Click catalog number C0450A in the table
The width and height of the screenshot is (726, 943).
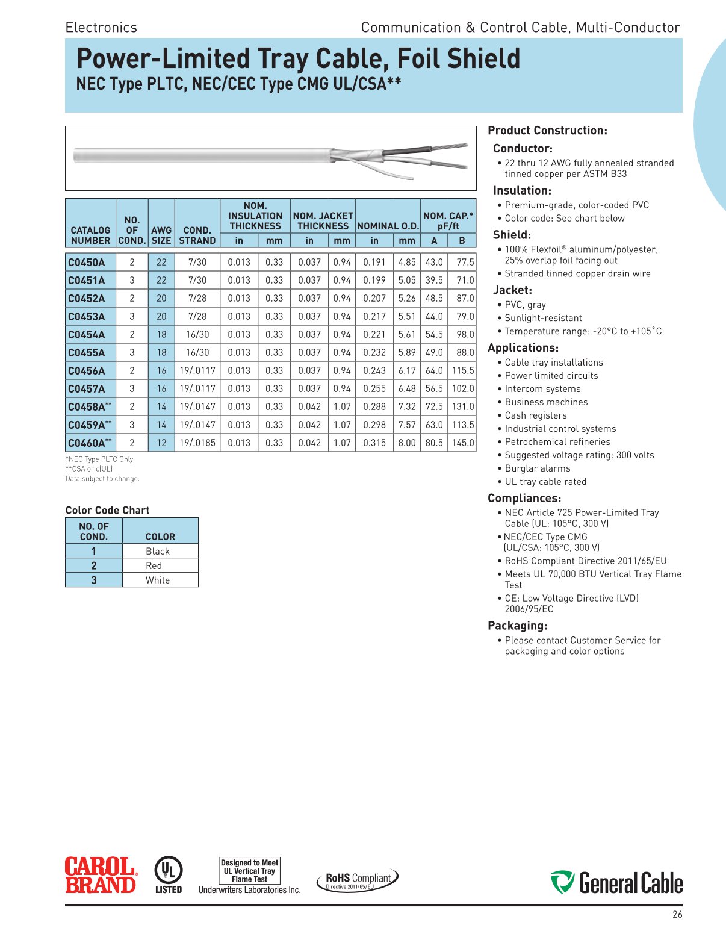[x=86, y=262]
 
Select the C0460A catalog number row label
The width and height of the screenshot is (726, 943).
[x=89, y=443]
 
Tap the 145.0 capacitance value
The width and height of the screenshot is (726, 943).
[x=462, y=443]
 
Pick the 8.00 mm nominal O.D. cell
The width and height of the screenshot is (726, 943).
[x=407, y=443]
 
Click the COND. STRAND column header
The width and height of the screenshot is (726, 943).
[x=197, y=235]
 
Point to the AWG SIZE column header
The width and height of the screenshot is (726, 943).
[x=161, y=235]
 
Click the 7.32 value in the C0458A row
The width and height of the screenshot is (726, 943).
[x=407, y=406]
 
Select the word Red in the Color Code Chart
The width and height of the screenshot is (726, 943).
[x=154, y=565]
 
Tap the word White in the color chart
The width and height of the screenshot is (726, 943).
[x=158, y=580]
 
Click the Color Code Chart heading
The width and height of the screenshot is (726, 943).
[x=107, y=510]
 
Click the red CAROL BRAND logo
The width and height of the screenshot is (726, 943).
[x=101, y=875]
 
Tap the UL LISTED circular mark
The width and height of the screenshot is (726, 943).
[x=169, y=874]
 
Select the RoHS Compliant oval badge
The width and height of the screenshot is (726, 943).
[x=358, y=879]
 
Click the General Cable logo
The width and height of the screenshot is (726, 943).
[x=616, y=883]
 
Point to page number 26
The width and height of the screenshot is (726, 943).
[x=677, y=915]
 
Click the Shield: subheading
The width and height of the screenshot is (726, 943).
[x=512, y=235]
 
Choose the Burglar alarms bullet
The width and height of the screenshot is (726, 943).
[x=537, y=468]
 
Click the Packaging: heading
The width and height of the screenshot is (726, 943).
[x=517, y=626]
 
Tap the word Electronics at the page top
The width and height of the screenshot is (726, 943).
[x=101, y=27]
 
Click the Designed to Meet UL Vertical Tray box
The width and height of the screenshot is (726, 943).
[x=249, y=871]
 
